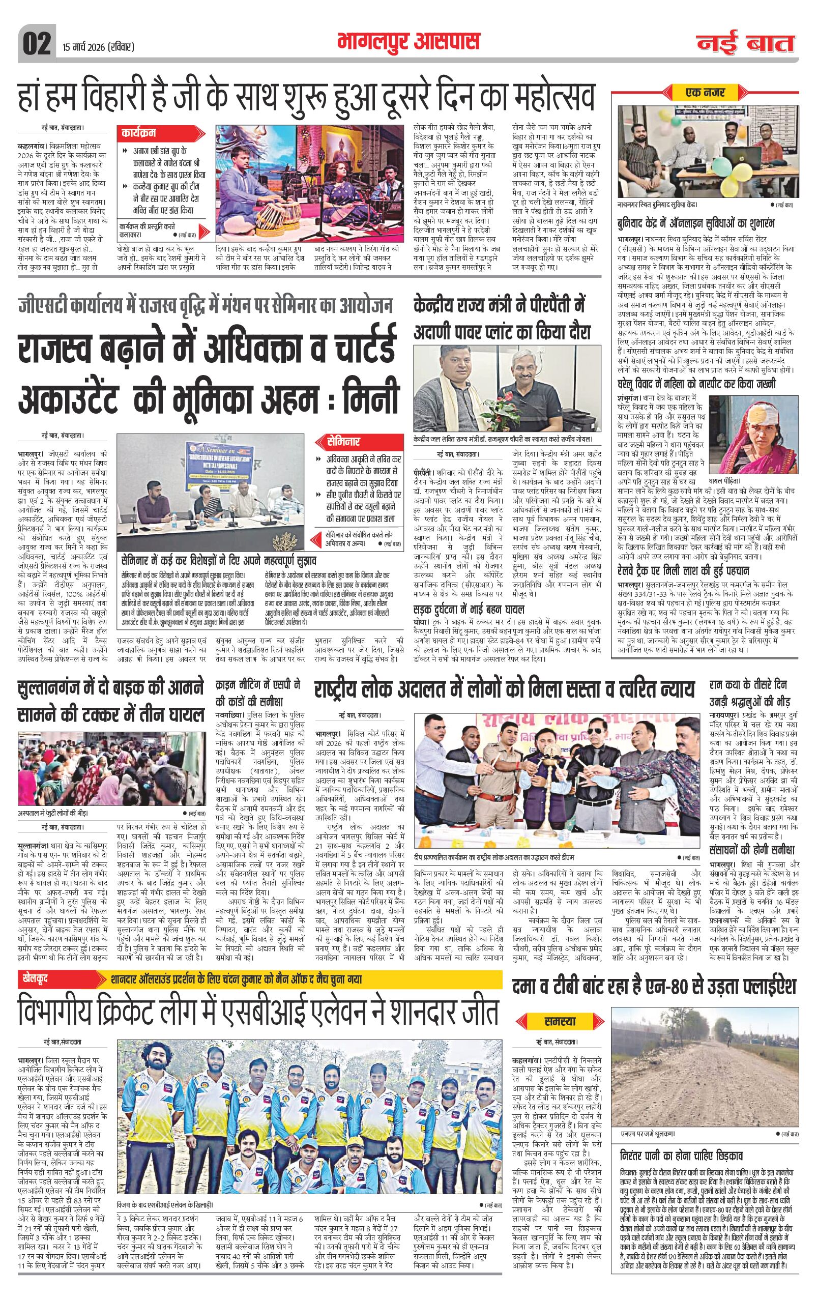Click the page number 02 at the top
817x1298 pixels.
[37, 43]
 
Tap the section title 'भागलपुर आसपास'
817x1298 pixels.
[408, 42]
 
